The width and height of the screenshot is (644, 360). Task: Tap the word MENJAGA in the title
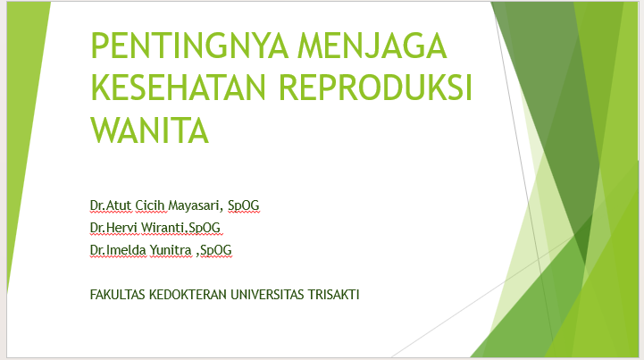click(x=372, y=46)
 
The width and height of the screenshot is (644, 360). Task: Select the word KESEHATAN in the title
click(x=179, y=88)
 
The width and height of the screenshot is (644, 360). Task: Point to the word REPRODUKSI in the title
click(x=376, y=88)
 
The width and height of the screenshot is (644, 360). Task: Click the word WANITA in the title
click(x=149, y=130)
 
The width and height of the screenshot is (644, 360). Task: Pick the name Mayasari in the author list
click(x=194, y=205)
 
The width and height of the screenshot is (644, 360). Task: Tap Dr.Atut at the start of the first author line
click(x=111, y=205)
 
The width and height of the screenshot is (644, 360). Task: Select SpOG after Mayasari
click(x=244, y=205)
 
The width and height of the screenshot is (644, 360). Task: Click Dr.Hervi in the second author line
click(x=113, y=227)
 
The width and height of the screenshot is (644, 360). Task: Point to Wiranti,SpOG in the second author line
click(x=181, y=228)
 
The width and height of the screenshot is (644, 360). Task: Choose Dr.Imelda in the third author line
click(x=118, y=250)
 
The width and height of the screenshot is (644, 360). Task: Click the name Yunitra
click(x=171, y=250)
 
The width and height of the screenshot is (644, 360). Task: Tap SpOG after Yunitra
click(x=215, y=250)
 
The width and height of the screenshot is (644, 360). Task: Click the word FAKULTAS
click(x=118, y=295)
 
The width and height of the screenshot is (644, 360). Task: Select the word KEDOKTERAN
click(x=188, y=295)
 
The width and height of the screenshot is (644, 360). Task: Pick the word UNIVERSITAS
click(x=267, y=295)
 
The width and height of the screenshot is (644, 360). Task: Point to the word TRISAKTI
click(x=334, y=295)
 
